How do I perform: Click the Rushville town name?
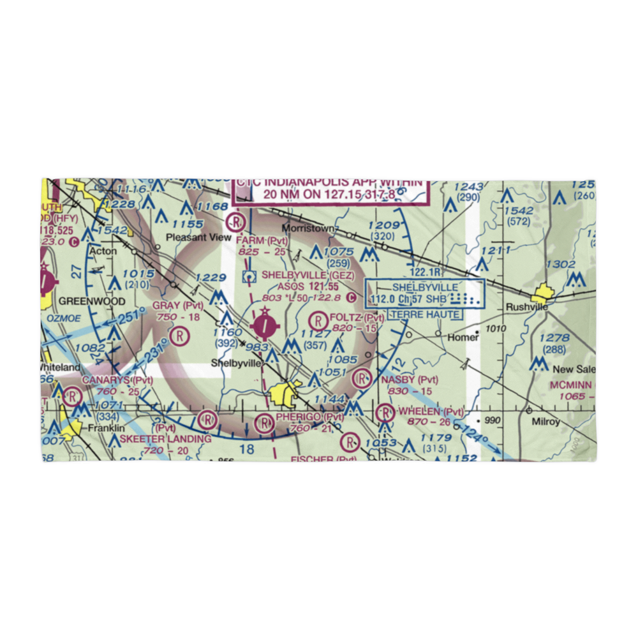[x=527, y=307]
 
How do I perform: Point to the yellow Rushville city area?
[x=544, y=295]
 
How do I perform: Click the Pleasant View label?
[x=189, y=237]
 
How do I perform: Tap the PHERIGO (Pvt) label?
[x=309, y=417]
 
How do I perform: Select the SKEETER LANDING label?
[x=165, y=439]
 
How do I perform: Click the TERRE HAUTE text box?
[x=426, y=315]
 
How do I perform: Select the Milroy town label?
[x=543, y=422]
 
